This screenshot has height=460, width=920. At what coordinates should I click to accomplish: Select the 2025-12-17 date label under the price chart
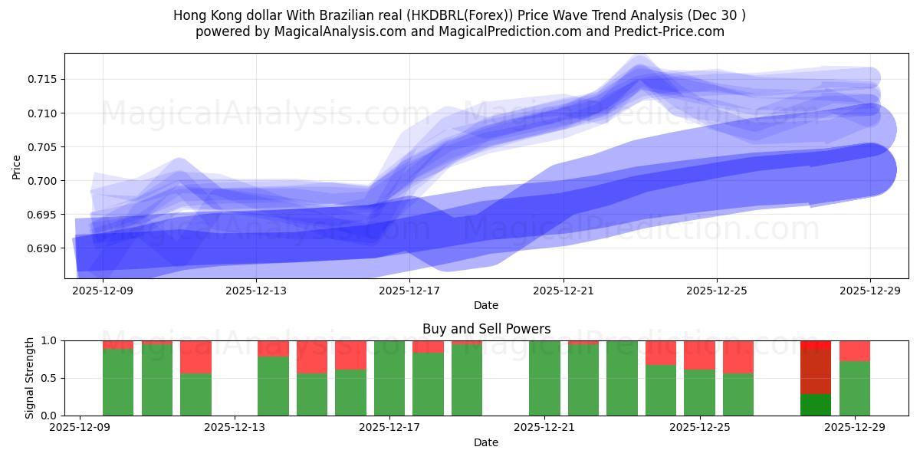point(409,291)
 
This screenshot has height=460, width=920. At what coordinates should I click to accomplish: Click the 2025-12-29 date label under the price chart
point(870,291)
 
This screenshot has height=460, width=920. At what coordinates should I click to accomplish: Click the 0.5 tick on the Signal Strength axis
point(51,378)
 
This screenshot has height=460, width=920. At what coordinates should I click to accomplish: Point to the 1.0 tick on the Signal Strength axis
point(51,340)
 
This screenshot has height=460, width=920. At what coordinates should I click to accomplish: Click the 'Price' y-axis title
point(17,166)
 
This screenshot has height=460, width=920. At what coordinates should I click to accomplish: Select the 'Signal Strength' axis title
point(30,377)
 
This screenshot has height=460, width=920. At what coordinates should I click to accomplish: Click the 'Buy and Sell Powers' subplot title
point(486,329)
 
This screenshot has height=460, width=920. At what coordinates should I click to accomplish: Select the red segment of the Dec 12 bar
point(195,356)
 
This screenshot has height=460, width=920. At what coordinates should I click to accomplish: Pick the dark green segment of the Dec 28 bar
point(816,405)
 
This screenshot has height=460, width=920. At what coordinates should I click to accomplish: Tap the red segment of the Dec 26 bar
point(738,356)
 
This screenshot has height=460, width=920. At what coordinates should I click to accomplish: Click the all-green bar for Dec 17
point(389,377)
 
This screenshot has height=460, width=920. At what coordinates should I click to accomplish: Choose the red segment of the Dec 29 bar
point(854,350)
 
